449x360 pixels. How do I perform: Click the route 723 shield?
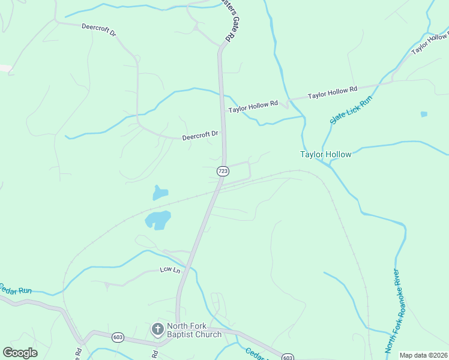[x=222, y=171]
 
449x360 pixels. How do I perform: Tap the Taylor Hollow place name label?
[x=325, y=154]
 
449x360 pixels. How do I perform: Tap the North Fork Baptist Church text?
[x=194, y=331]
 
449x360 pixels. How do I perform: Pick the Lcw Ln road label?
[x=170, y=270]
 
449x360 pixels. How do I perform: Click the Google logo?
[x=20, y=353]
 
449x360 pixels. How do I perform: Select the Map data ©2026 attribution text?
[x=423, y=355]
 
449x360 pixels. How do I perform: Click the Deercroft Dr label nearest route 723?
[x=200, y=136]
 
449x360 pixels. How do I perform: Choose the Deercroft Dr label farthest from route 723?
[x=99, y=31]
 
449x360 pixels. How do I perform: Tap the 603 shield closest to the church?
[x=117, y=338]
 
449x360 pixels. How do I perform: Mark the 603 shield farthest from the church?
[x=288, y=357]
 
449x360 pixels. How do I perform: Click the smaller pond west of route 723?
[x=160, y=193]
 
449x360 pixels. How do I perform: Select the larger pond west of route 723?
[x=158, y=220]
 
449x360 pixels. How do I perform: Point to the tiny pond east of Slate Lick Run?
[x=424, y=113]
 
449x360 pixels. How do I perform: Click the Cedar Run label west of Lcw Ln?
[x=16, y=290]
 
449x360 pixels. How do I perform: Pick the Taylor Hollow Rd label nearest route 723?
[x=253, y=104]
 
